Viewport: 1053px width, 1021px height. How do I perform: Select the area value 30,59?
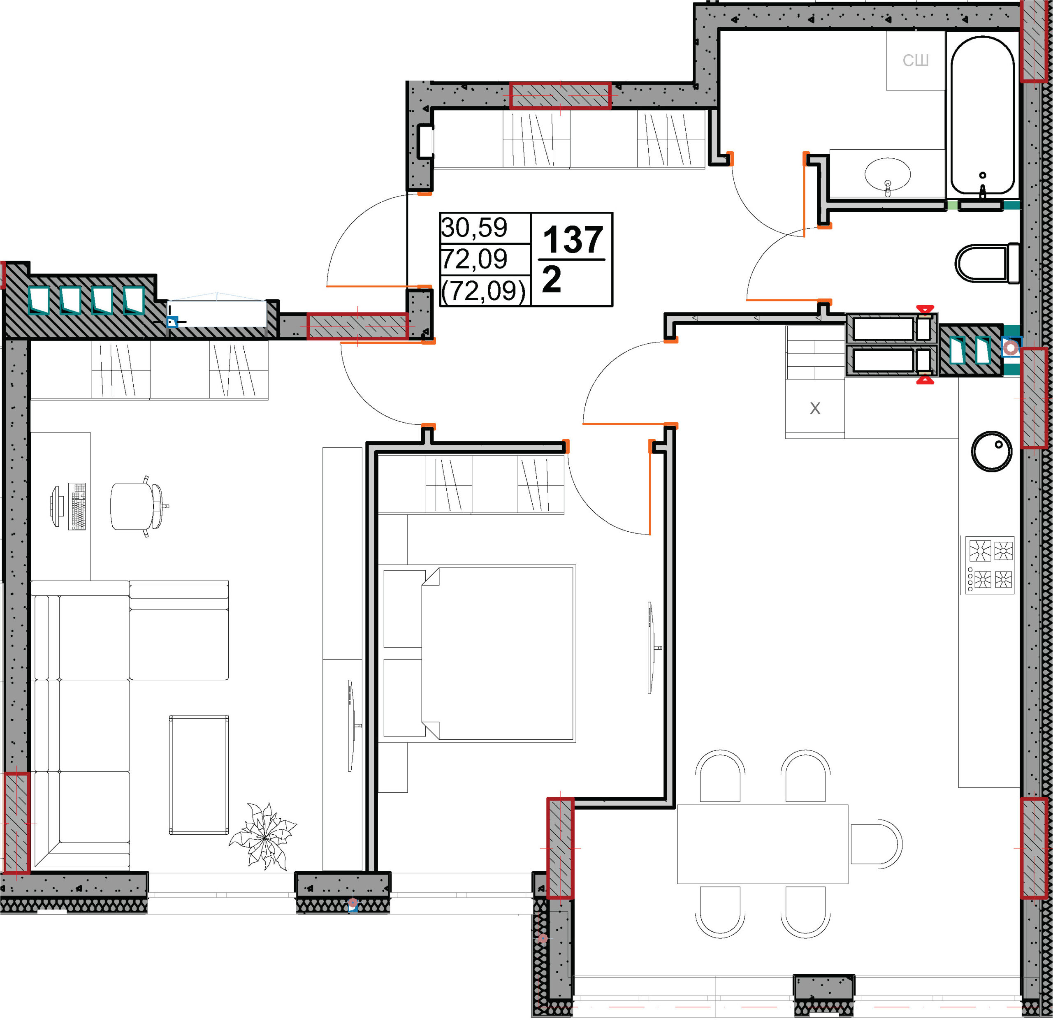[x=474, y=228]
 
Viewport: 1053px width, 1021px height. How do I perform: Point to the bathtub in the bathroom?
[x=983, y=115]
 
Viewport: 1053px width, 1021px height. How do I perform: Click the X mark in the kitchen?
[x=814, y=409]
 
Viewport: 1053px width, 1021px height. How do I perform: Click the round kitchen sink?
[x=991, y=451]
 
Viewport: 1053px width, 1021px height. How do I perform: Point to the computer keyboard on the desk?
[x=77, y=506]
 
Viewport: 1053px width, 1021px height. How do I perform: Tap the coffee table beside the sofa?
[x=199, y=774]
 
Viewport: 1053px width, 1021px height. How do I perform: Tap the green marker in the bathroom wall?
[x=952, y=205]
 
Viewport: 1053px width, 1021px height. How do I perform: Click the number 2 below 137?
[x=552, y=279]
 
